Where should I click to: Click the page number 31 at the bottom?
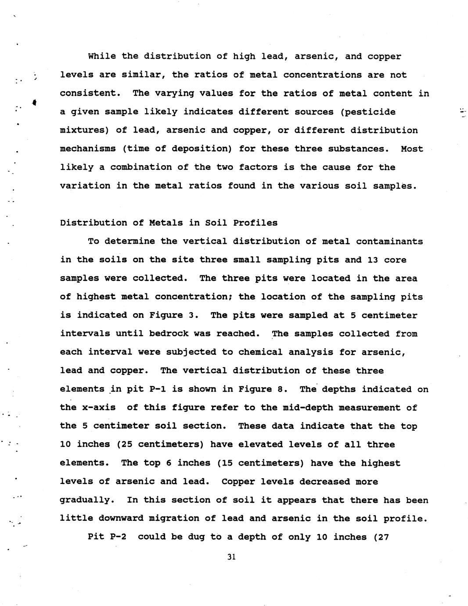pos(232,557)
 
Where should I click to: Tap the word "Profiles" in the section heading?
pos(255,223)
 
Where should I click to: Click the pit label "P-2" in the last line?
pos(118,537)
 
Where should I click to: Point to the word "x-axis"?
pos(99,408)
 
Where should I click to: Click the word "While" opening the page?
pos(102,56)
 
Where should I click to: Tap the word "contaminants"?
pos(389,241)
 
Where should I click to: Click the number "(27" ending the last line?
pos(381,537)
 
